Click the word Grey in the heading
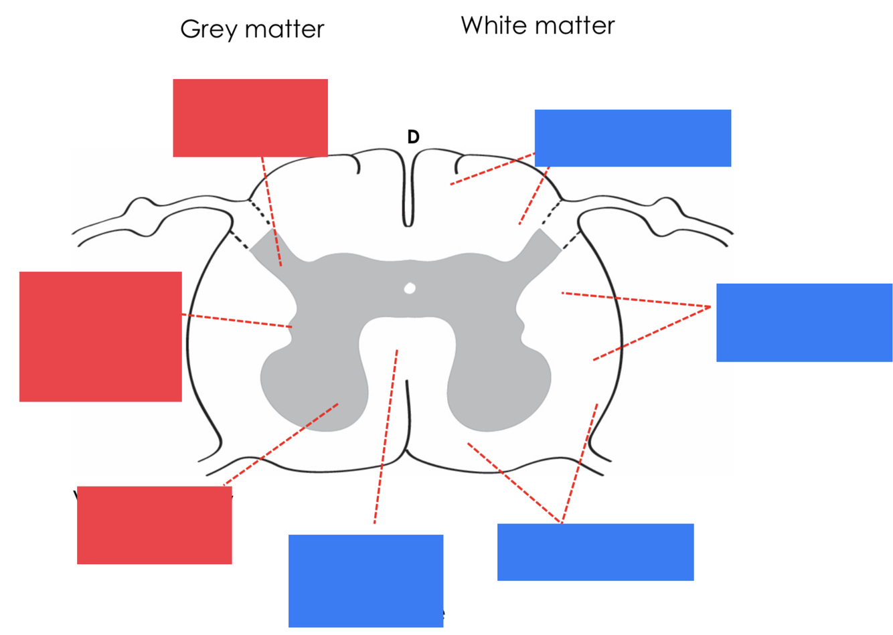[x=210, y=29]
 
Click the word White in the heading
[x=491, y=25]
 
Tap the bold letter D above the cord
[x=413, y=137]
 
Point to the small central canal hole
[x=410, y=288]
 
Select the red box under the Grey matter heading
[x=250, y=118]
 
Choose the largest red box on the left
[x=100, y=337]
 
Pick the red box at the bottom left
[x=154, y=525]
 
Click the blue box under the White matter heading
[x=633, y=138]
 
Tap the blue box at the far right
[x=804, y=323]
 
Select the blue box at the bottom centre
[x=366, y=580]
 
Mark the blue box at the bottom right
[x=595, y=552]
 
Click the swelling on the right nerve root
[x=669, y=215]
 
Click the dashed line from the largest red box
[x=237, y=321]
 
